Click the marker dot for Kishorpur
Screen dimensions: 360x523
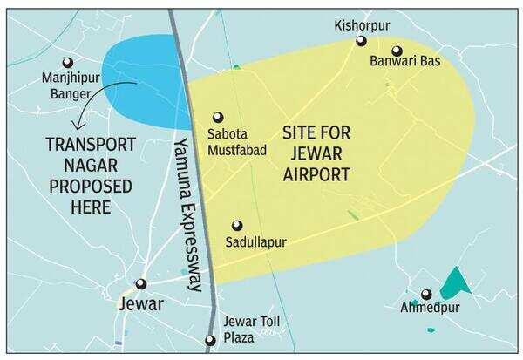(360, 41)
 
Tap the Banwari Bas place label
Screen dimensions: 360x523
(397, 63)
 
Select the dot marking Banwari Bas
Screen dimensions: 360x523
(397, 51)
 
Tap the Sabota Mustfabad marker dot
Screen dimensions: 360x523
(218, 117)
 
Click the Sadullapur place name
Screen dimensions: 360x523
(255, 241)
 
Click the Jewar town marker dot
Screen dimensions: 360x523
(140, 283)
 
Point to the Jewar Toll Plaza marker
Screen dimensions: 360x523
(209, 341)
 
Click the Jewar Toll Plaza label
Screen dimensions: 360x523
(249, 329)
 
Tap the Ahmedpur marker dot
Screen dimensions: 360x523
(425, 294)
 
